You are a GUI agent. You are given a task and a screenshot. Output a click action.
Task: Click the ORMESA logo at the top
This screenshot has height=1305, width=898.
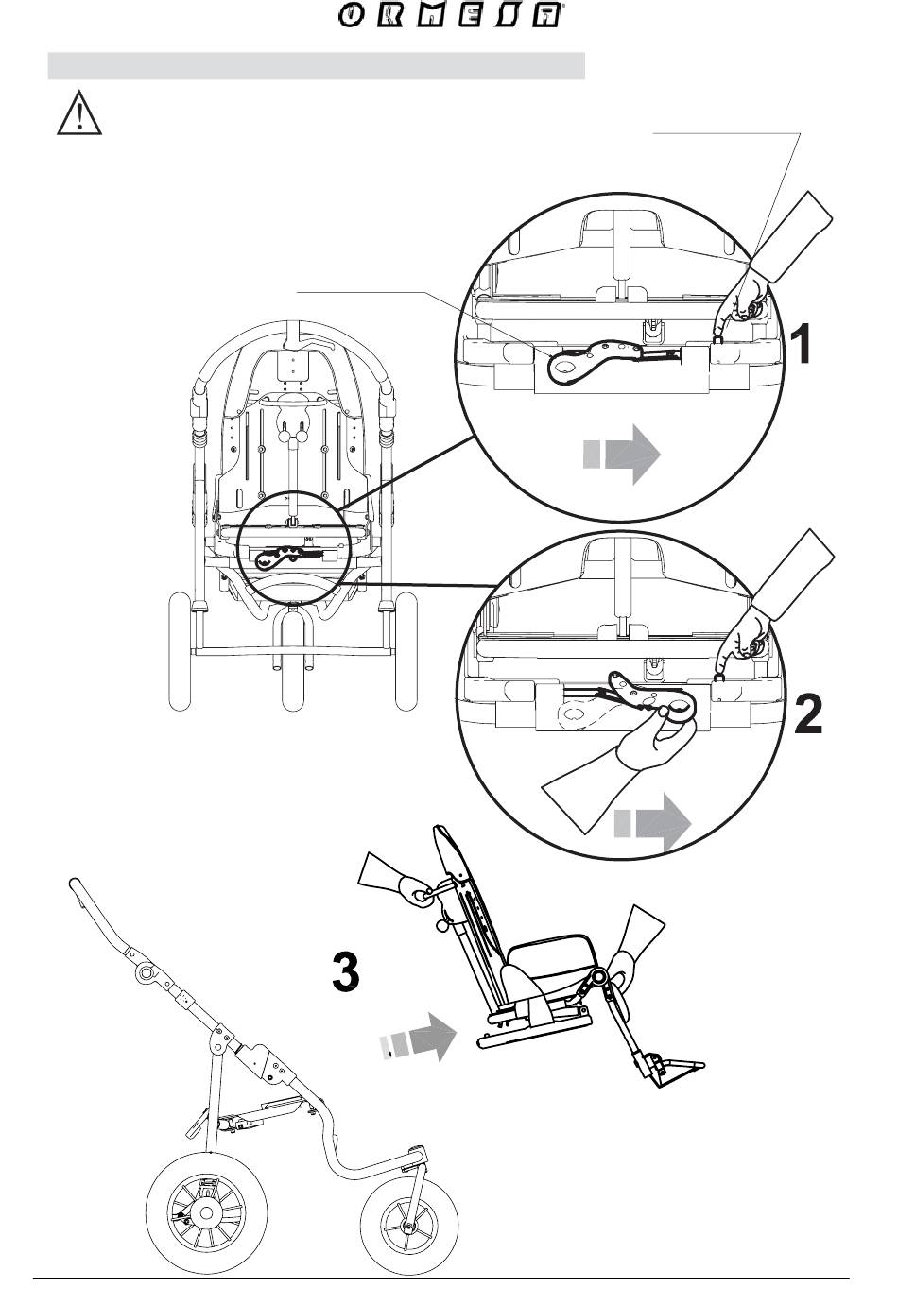coord(450,14)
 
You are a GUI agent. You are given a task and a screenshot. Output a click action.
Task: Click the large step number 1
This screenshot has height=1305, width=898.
coord(801,344)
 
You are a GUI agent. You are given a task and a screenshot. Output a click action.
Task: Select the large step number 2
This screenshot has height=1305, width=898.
coord(807,714)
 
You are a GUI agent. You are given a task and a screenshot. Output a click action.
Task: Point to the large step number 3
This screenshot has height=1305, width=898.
coord(346,971)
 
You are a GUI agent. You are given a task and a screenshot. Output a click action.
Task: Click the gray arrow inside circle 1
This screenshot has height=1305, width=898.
coord(621,454)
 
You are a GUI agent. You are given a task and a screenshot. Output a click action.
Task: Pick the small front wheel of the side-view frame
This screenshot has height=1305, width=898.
coord(409,1228)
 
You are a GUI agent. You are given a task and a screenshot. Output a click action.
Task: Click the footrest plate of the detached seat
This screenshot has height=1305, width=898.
coord(678,1073)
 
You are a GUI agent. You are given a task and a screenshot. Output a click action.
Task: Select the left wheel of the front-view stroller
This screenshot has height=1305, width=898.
coord(180,652)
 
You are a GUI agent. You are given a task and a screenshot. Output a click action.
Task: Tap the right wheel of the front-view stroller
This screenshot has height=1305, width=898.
coord(406,652)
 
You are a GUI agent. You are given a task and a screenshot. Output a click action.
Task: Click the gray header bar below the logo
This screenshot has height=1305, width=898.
coord(317,66)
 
